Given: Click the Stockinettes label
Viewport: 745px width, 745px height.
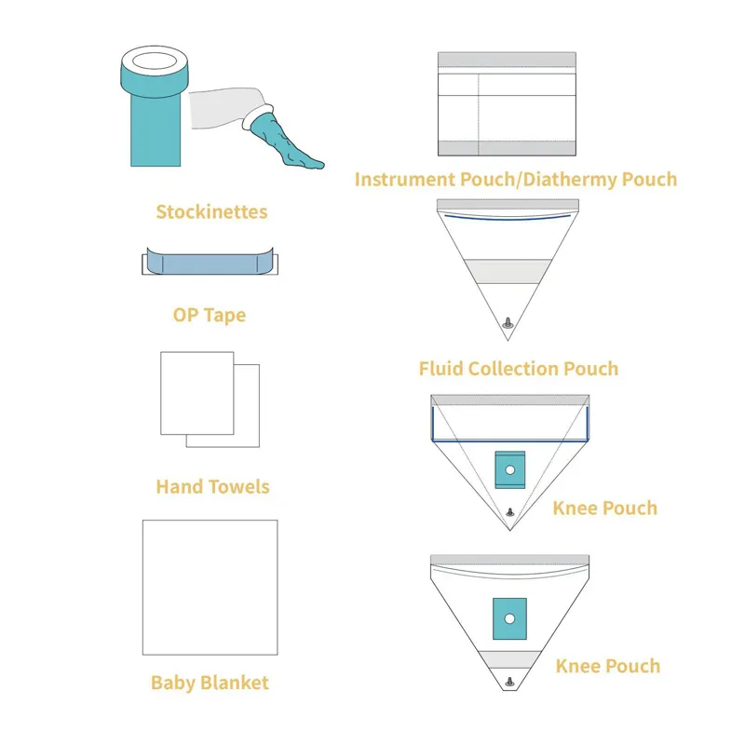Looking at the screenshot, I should click(x=211, y=211).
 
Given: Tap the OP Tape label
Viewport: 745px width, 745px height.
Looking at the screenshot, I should click(x=210, y=315).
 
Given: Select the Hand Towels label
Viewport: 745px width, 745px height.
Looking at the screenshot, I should click(x=212, y=486).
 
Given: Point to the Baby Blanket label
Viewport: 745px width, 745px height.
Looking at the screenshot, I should click(x=210, y=683).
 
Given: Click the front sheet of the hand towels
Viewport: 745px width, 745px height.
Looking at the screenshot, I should click(x=196, y=392).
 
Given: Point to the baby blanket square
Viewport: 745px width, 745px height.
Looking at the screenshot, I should click(x=210, y=587).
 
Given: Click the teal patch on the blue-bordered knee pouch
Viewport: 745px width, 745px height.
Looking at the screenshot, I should click(x=508, y=469).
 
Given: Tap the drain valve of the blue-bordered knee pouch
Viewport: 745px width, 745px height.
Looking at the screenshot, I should click(x=508, y=512).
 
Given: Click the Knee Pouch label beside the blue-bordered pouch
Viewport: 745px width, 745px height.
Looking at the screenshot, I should click(x=604, y=508).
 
